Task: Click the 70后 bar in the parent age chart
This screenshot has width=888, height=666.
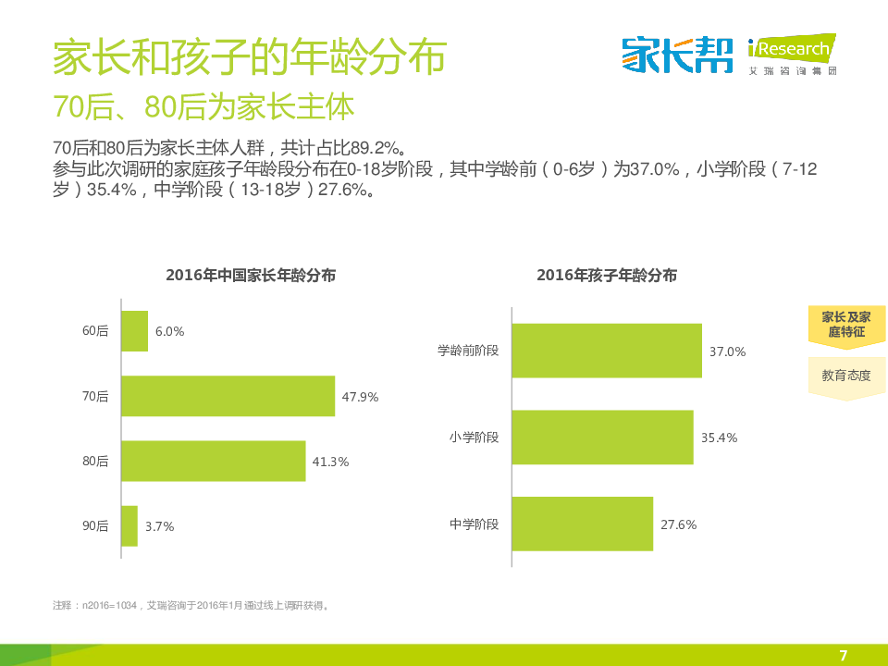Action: click(x=228, y=396)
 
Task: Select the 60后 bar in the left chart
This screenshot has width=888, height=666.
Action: click(x=135, y=331)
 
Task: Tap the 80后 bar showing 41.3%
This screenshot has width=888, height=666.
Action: click(x=213, y=461)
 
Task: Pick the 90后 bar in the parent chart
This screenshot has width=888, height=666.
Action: click(x=129, y=525)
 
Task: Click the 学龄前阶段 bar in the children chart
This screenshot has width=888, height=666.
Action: click(x=606, y=351)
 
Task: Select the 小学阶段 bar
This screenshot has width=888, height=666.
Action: click(x=601, y=438)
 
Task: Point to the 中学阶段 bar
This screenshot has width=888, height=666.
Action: click(x=582, y=524)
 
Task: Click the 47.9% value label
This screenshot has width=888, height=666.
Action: click(x=360, y=397)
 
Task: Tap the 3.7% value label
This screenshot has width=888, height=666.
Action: click(x=159, y=526)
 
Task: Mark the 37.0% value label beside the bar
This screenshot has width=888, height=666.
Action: click(x=727, y=351)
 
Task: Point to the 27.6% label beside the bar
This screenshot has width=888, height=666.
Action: click(x=678, y=524)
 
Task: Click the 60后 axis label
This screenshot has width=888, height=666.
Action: click(x=95, y=331)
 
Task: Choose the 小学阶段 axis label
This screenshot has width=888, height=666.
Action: click(x=474, y=438)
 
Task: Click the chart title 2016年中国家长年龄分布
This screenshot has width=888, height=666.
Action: click(x=251, y=276)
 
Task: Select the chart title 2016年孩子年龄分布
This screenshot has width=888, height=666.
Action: click(x=607, y=276)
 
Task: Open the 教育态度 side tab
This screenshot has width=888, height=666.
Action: click(x=845, y=376)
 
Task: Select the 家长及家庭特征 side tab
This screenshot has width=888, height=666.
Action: click(x=845, y=324)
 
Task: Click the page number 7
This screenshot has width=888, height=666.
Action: click(x=843, y=655)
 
